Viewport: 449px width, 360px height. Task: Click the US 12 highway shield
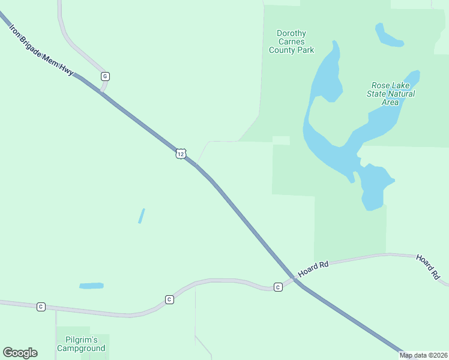(181, 154)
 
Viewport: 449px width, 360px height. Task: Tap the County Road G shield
(105, 76)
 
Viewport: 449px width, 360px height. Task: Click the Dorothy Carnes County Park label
(291, 42)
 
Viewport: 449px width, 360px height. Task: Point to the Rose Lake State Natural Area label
(391, 94)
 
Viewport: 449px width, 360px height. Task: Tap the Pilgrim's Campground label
(81, 344)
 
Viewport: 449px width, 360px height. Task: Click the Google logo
(20, 353)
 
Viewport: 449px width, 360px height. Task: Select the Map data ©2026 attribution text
(424, 355)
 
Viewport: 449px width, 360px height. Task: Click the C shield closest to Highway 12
(278, 287)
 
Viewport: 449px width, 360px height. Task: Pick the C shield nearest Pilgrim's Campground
(41, 307)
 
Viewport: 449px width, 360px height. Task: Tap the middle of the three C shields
(169, 299)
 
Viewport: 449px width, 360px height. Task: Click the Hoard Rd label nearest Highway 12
(313, 268)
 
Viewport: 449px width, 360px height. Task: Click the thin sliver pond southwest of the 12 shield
(142, 216)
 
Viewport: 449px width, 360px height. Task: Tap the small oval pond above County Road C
(91, 286)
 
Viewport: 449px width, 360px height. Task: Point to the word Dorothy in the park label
(291, 34)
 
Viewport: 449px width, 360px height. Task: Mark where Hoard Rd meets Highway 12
(295, 279)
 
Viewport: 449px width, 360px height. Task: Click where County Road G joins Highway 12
(102, 92)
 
